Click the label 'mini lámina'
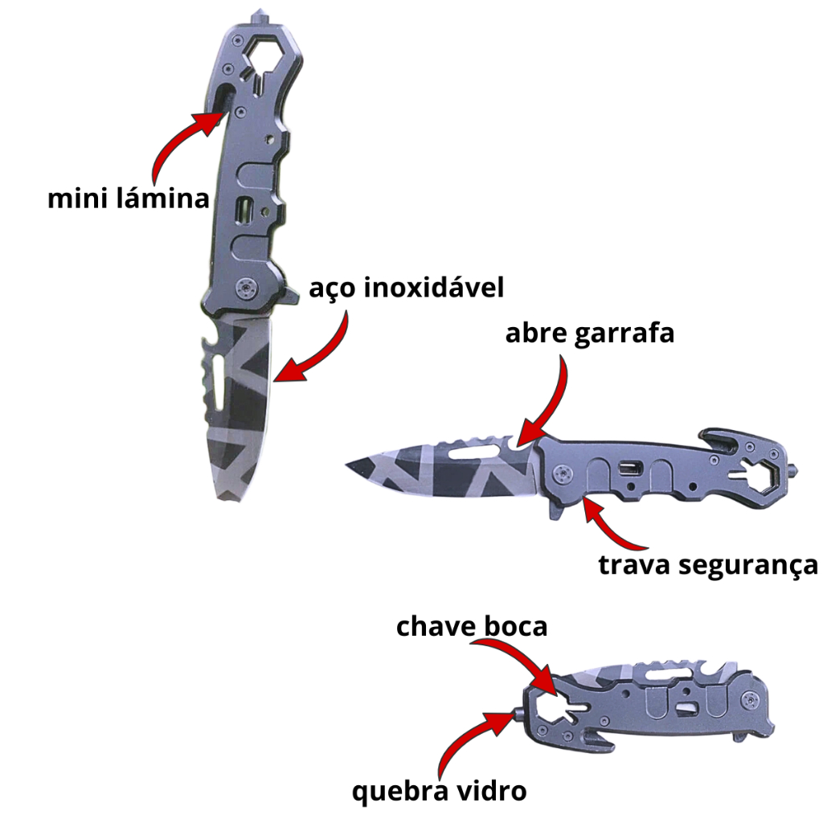[x=129, y=198]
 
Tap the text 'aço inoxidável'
[x=407, y=288]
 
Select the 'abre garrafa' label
[x=589, y=334]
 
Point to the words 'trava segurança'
[x=708, y=564]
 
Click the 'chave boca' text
[x=472, y=626]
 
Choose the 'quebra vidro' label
[x=440, y=791]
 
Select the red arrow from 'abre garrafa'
[x=551, y=402]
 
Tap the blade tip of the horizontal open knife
[x=350, y=465]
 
